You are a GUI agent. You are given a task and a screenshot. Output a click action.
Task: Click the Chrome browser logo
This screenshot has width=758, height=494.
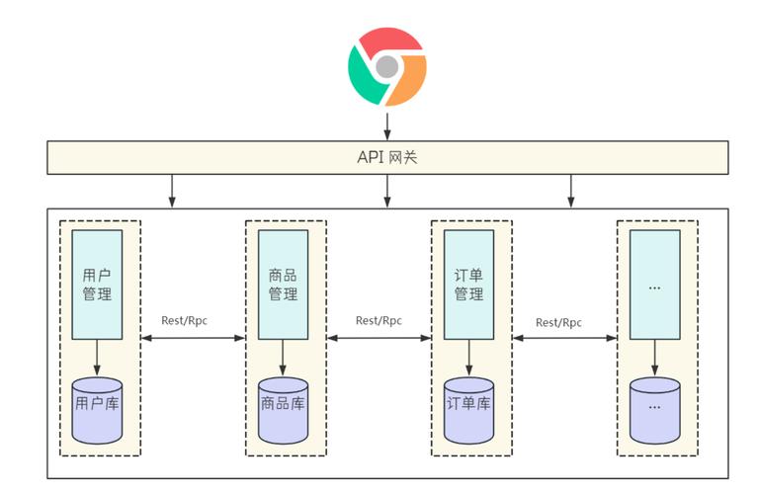pos(386,66)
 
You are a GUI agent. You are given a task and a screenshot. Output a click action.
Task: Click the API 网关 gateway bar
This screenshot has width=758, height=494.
pos(387,157)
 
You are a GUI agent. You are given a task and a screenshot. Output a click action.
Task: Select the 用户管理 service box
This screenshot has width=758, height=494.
pos(97,285)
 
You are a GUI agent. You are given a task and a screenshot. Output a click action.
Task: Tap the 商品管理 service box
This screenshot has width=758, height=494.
pos(283,285)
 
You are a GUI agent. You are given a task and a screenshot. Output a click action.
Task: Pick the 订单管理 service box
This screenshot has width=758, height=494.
pos(468,285)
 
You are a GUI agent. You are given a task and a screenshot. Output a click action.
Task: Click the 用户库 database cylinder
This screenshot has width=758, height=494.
pos(97,409)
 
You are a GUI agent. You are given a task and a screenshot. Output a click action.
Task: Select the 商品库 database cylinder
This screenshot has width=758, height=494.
pos(283,409)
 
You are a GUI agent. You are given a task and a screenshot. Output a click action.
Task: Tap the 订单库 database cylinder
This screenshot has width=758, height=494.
pos(468,409)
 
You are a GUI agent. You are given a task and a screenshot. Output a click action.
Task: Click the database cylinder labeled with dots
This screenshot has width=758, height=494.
pos(654,409)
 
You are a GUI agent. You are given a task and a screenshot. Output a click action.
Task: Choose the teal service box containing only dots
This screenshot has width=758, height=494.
pos(654,285)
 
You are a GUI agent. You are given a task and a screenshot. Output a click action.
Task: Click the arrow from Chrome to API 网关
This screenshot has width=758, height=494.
pos(387,126)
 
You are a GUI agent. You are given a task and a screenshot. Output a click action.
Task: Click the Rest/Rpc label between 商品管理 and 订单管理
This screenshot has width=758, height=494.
pos(379,320)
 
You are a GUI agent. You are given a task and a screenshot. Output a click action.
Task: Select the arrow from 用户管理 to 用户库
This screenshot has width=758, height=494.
pos(97,358)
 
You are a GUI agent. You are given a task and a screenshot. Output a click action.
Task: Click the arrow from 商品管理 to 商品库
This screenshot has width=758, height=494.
pos(283,358)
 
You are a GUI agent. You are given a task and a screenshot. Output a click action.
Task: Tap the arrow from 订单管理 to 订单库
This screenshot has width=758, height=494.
pos(468,358)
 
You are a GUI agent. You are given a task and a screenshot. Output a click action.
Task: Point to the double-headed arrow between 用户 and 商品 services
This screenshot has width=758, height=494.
pos(192,338)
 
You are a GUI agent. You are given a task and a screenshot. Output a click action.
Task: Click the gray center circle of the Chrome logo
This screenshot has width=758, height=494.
pos(387,67)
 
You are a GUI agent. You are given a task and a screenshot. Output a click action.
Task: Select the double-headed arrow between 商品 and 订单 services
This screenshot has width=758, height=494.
pos(379,338)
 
